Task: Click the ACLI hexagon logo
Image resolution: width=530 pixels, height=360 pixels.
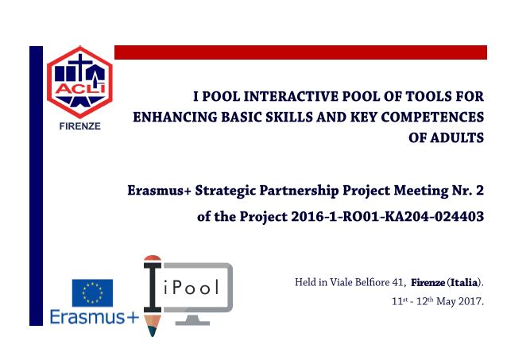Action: coord(79,82)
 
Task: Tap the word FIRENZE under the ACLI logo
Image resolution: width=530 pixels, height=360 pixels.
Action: coord(79,126)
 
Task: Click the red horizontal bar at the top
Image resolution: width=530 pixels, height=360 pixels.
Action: coord(300,52)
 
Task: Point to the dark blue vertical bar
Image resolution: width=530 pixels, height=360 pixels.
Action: coord(37,186)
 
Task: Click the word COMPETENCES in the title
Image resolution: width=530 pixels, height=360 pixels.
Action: coord(432,118)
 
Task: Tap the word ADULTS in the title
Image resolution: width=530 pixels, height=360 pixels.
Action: coord(447,138)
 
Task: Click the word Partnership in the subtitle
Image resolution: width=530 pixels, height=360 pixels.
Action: coord(299,191)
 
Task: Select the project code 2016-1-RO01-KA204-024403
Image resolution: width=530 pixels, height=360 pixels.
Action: coord(387,217)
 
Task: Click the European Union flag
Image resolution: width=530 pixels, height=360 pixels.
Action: coord(92,292)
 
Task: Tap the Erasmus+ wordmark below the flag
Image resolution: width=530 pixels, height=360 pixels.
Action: coord(95,317)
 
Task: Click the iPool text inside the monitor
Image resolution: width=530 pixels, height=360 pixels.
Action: coord(191,288)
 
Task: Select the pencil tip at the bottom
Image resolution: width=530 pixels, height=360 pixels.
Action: coord(152,331)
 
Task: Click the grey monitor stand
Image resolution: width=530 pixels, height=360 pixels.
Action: coord(192,319)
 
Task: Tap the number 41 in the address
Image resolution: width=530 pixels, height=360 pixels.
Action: coord(397,282)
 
